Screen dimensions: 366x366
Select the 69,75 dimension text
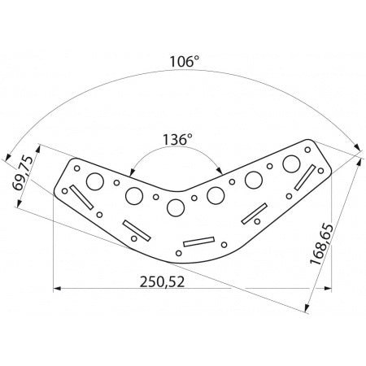[x=23, y=173]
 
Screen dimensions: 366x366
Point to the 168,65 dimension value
[x=321, y=244]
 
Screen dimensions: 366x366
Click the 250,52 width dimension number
[x=162, y=282]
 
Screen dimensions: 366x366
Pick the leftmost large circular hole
[x=95, y=181]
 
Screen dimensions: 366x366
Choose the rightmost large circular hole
[x=291, y=164]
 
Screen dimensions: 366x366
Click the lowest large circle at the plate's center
[x=176, y=208]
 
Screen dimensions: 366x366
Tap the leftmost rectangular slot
[x=81, y=197]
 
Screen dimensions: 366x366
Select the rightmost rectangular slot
[x=305, y=177]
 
